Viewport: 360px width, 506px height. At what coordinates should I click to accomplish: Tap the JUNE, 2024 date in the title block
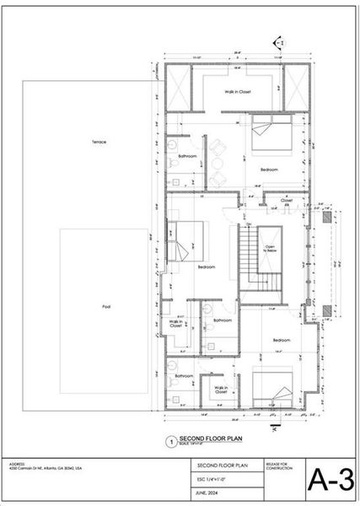[x=207, y=493]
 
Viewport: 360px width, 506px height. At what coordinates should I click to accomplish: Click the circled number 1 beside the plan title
[x=171, y=440]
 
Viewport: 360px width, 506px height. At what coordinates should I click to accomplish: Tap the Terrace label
[x=99, y=142]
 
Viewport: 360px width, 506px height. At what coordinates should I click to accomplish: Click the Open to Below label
[x=270, y=250]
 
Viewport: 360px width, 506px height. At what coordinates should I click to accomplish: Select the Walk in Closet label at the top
[x=238, y=91]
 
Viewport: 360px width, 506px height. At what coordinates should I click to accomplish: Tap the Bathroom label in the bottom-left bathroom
[x=185, y=374]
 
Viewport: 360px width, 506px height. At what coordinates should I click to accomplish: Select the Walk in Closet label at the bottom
[x=220, y=390]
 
